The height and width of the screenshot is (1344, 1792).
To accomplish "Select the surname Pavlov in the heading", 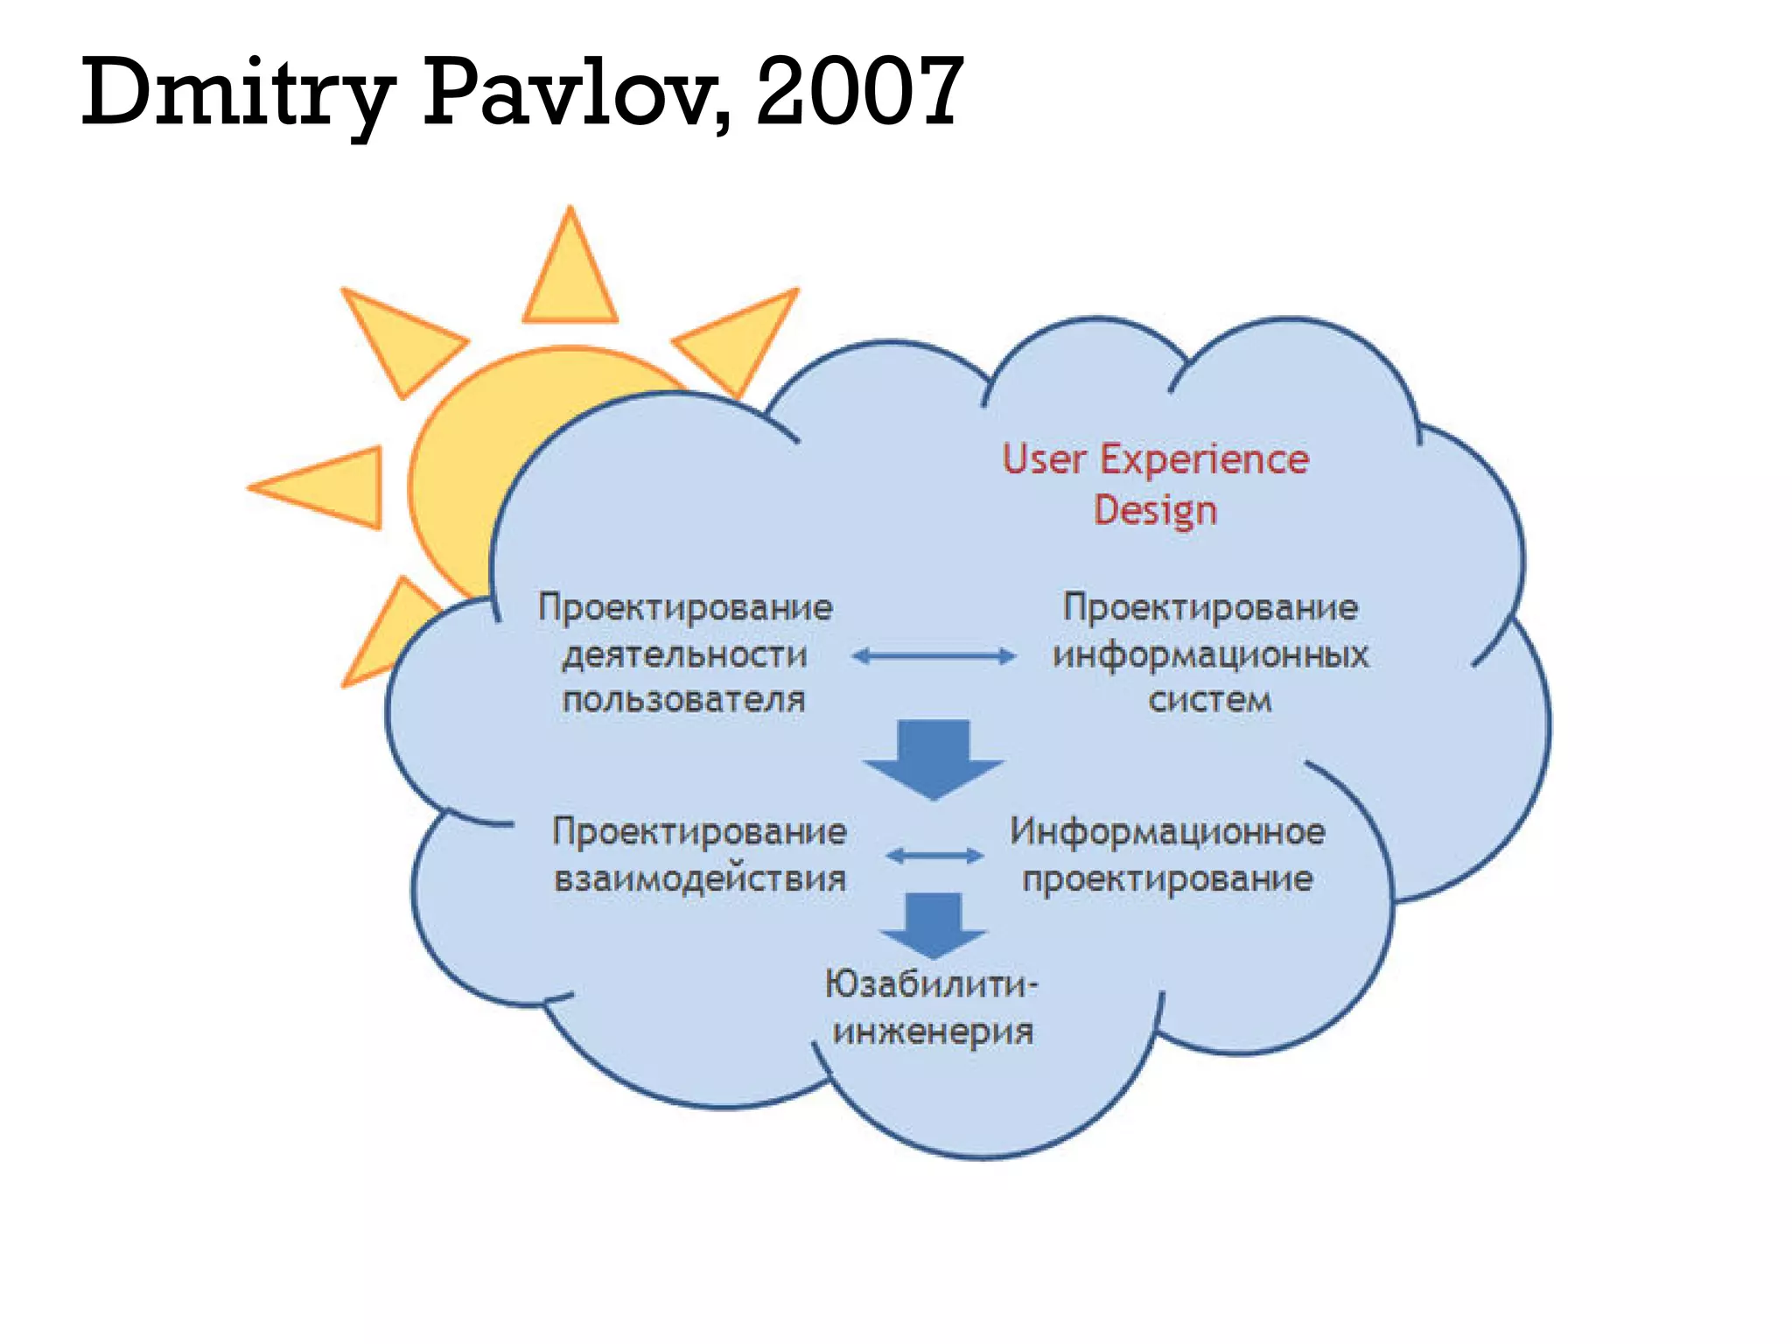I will point(577,91).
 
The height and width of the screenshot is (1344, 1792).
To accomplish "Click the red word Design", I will point(1155,511).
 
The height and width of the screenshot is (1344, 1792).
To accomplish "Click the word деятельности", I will point(685,655).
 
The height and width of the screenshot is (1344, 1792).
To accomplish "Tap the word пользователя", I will point(683,700).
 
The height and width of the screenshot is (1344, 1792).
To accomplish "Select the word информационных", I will point(1210,655).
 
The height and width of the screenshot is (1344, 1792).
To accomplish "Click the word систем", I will point(1210,700).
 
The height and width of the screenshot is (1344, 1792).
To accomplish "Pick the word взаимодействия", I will point(700,878).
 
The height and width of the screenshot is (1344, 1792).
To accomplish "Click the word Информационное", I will point(1167,832).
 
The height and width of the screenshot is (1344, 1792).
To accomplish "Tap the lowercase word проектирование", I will point(1167,878).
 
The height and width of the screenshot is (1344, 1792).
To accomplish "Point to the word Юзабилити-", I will point(931,985).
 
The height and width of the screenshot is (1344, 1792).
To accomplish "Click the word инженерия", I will point(933,1032).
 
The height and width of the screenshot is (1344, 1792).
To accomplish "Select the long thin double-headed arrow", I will point(934,656).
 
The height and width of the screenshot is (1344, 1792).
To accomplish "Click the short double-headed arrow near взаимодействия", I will point(934,856).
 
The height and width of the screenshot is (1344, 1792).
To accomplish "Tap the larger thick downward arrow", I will point(934,758).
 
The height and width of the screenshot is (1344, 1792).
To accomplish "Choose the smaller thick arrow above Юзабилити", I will point(934,924).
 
